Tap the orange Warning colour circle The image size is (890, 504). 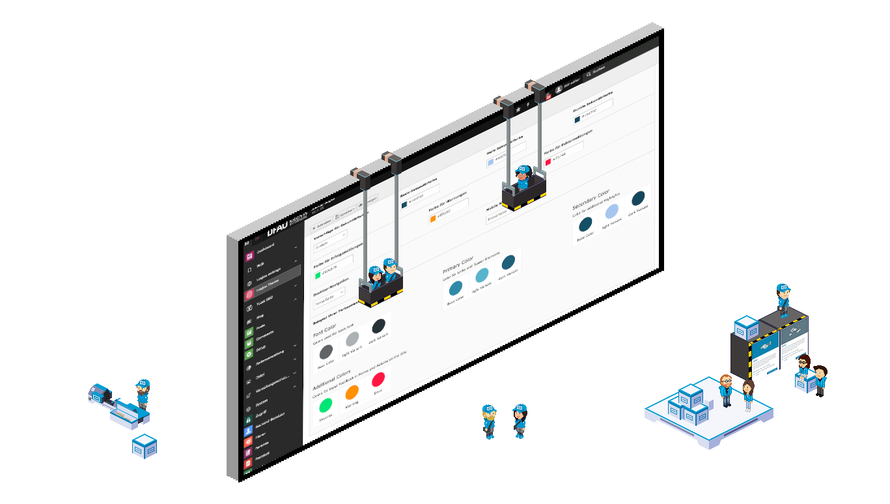pyautogui.click(x=352, y=392)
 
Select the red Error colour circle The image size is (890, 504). pyautogui.click(x=378, y=379)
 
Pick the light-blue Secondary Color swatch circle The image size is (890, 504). pyautogui.click(x=612, y=212)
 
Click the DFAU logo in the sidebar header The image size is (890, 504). pyautogui.click(x=281, y=229)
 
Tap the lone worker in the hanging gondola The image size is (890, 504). pyautogui.click(x=522, y=177)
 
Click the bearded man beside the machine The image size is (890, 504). pyautogui.click(x=143, y=393)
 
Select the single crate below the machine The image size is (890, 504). pyautogui.click(x=144, y=446)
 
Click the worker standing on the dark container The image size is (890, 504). pyautogui.click(x=783, y=300)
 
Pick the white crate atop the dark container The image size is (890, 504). pyautogui.click(x=746, y=327)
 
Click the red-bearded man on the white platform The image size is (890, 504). pyautogui.click(x=726, y=389)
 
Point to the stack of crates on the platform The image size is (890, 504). pyautogui.click(x=688, y=405)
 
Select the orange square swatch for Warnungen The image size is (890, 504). pyautogui.click(x=432, y=218)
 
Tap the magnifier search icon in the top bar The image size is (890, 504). pyautogui.click(x=589, y=75)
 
